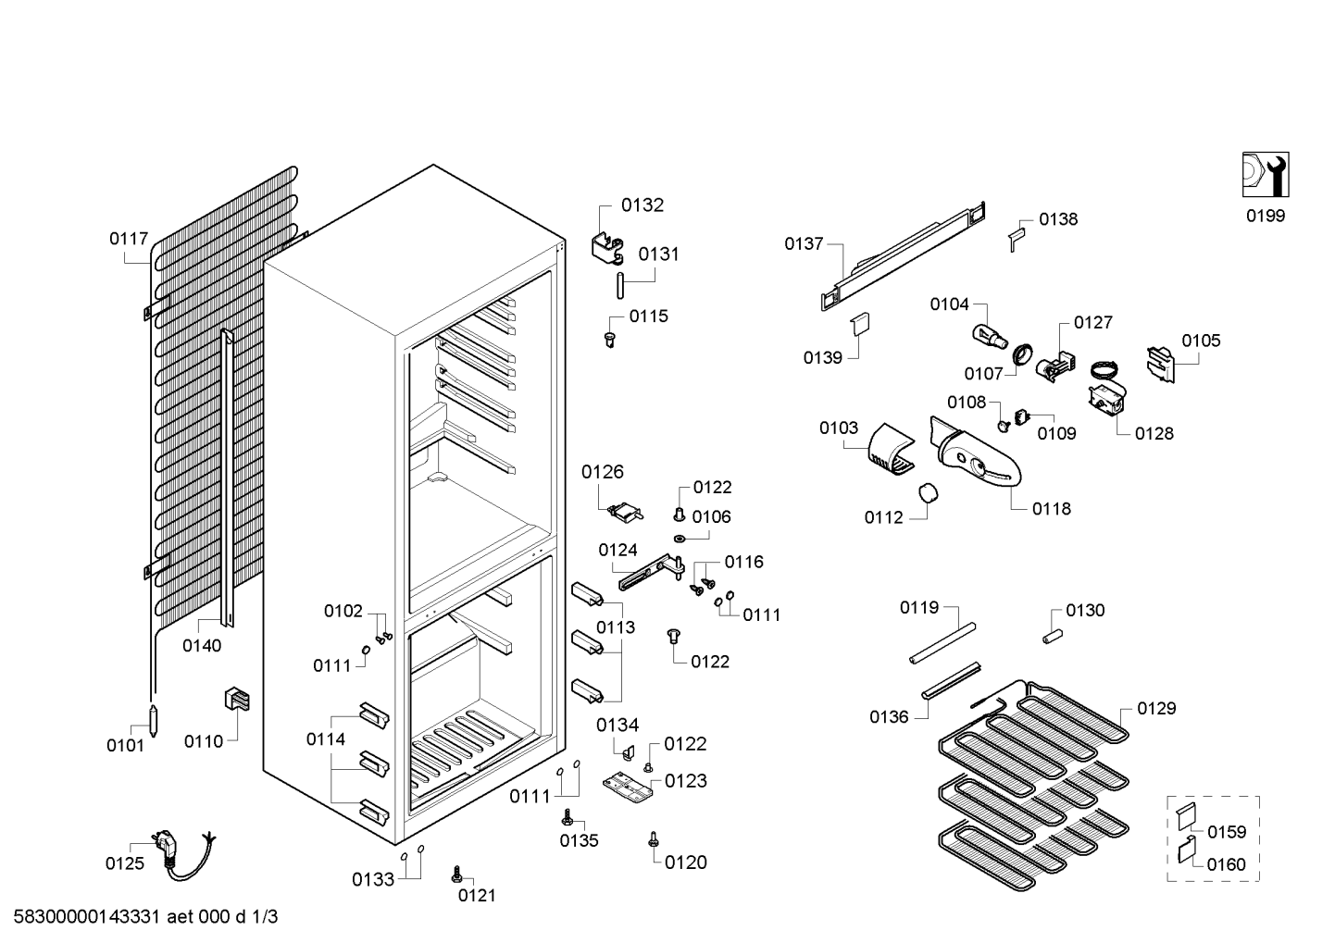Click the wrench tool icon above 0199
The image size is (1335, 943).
coord(1265,175)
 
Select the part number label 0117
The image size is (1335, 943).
coord(129,239)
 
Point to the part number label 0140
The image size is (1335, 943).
coord(202,645)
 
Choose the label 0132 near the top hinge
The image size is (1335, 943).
coord(642,205)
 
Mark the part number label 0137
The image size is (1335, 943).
coord(804,243)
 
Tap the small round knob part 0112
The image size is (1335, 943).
coord(929,493)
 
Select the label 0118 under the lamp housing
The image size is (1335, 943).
coord(1051,508)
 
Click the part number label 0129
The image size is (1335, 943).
coord(1156,708)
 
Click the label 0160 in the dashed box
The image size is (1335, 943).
coord(1226,864)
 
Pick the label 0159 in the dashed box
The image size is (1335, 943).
coord(1227,831)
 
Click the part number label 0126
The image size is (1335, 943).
coord(603,472)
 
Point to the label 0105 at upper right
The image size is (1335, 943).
coord(1201,341)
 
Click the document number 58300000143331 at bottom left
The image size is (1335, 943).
coord(88,917)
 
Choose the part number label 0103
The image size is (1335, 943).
coord(838,428)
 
